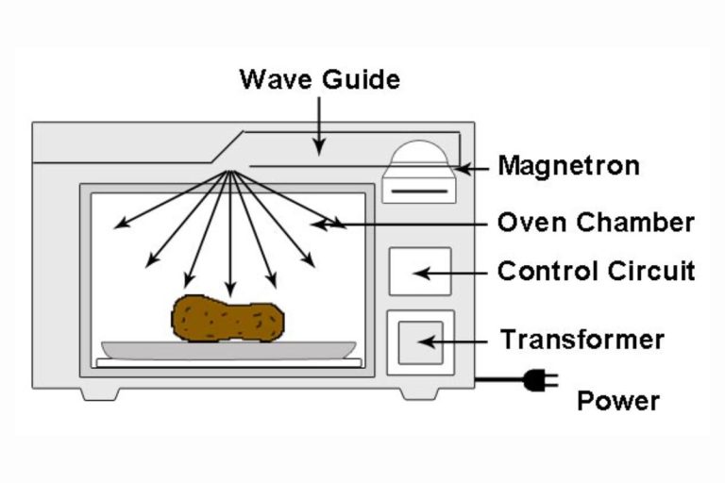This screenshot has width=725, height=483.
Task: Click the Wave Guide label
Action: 319,78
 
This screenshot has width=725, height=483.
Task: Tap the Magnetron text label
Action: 568,167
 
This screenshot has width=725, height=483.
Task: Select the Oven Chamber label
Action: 596,224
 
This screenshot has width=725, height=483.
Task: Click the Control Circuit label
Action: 596,272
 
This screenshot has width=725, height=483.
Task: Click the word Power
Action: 618,402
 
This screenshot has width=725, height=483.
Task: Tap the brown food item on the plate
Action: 228,319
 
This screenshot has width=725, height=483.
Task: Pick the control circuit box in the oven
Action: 420,272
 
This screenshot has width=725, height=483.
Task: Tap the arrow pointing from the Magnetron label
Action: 472,168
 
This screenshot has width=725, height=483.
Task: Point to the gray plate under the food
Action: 228,348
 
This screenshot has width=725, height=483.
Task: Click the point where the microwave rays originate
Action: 229,172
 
